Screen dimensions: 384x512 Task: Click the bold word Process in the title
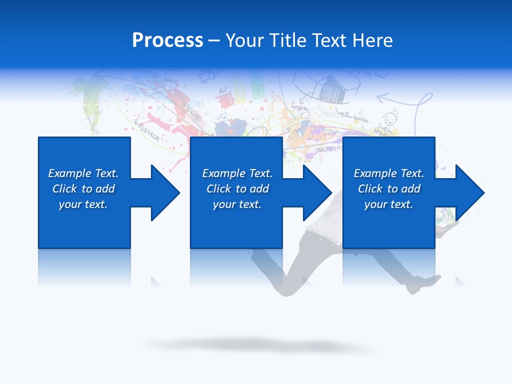pos(167,41)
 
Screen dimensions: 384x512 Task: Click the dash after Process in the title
pos(214,41)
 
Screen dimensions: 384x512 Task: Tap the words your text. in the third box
pos(388,204)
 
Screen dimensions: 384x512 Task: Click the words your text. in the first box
pos(83,204)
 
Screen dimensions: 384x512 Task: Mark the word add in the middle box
pos(259,189)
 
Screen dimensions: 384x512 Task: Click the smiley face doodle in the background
pos(391,118)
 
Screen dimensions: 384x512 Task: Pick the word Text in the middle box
pos(261,173)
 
